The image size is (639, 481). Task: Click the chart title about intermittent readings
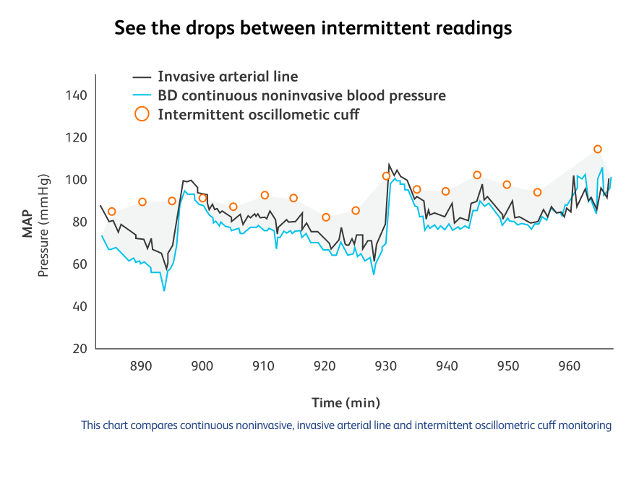(x=313, y=28)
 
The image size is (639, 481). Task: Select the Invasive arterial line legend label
(x=228, y=77)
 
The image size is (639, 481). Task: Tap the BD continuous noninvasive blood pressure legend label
(x=301, y=95)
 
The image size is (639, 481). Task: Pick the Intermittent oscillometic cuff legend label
(x=258, y=114)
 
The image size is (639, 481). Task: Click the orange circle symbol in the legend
(x=142, y=114)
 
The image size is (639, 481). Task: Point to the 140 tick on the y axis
(x=76, y=95)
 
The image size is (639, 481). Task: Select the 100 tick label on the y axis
(x=76, y=180)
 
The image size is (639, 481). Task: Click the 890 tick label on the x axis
(x=140, y=366)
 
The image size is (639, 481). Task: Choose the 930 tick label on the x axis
(x=385, y=366)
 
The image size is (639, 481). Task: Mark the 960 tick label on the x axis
(x=570, y=366)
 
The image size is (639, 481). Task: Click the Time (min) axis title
(x=346, y=402)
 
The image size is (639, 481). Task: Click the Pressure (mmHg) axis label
(x=43, y=225)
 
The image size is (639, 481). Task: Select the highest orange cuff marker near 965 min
(x=598, y=149)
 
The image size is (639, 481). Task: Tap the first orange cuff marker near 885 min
(x=111, y=212)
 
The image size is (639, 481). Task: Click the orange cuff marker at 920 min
(x=326, y=217)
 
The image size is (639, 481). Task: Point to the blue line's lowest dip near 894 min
(x=164, y=290)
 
